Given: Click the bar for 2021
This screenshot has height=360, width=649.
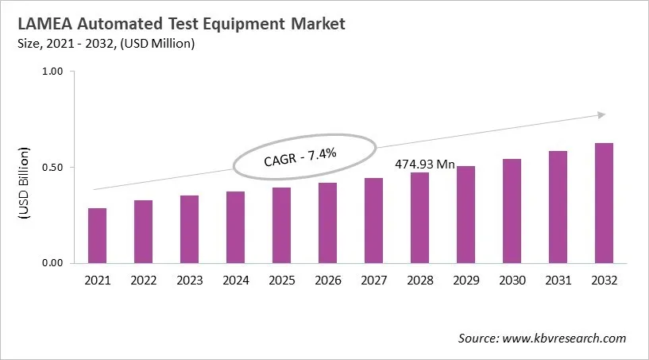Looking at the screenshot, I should [x=97, y=235].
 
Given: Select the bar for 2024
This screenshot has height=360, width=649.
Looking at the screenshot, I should [x=235, y=227].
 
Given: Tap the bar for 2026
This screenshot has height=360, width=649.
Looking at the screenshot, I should [x=327, y=223].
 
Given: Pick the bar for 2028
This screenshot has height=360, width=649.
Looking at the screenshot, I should [x=419, y=218].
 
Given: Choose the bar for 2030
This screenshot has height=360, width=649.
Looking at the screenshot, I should [x=512, y=211].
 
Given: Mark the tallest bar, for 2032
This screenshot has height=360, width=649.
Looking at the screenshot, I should [x=604, y=203].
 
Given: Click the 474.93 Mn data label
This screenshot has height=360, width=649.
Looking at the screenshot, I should [x=425, y=165].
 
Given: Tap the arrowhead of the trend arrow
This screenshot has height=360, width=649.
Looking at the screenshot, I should [x=601, y=115].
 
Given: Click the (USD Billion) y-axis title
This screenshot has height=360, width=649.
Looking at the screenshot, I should [x=23, y=184].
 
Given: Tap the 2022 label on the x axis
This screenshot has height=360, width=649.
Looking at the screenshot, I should [x=143, y=281].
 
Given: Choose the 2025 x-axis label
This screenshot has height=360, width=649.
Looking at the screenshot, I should [x=281, y=281].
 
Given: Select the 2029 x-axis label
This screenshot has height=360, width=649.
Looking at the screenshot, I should [x=466, y=281].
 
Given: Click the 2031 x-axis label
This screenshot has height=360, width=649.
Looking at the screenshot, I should [x=558, y=281].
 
